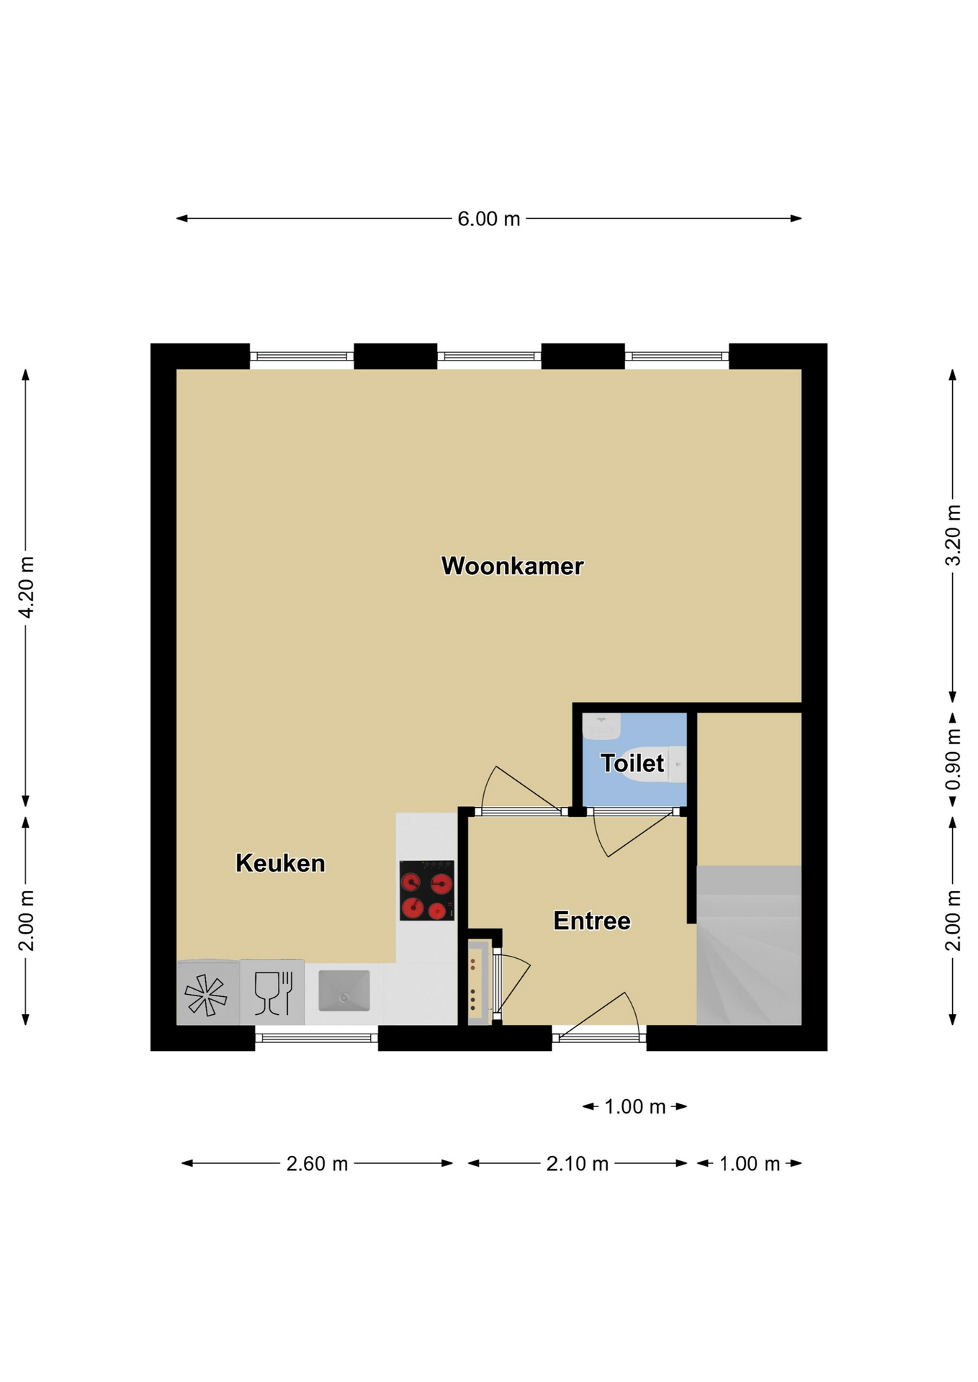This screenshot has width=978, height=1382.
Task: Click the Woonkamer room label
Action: click(x=512, y=566)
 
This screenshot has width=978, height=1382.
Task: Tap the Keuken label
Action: click(x=280, y=862)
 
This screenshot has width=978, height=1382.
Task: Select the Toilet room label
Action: click(x=632, y=763)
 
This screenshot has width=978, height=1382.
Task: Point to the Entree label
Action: click(x=591, y=921)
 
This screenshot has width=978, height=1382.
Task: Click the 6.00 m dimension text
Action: click(x=488, y=219)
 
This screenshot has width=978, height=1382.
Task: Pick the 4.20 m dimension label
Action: click(x=26, y=587)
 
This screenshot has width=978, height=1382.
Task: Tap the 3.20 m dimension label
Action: click(x=953, y=535)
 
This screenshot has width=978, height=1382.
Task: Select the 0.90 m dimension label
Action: click(x=953, y=759)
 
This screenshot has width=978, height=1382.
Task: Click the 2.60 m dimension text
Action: click(x=317, y=1164)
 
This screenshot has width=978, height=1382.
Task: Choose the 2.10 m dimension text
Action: click(x=577, y=1164)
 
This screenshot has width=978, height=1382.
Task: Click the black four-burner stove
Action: click(x=427, y=890)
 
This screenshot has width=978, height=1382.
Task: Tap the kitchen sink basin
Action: click(x=344, y=990)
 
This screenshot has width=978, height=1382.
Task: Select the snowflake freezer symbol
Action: click(x=206, y=995)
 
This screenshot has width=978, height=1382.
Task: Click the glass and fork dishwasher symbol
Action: click(x=273, y=993)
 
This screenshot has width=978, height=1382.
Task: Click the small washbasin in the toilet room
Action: click(x=601, y=726)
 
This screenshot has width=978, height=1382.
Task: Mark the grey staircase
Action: click(x=749, y=945)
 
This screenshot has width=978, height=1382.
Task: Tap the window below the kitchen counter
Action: click(x=316, y=1038)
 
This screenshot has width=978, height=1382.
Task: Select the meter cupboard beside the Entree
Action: click(x=480, y=980)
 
